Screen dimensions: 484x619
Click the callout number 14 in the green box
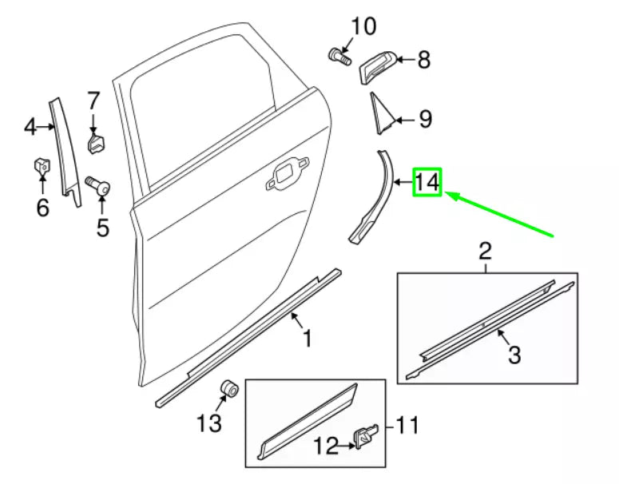click(427, 183)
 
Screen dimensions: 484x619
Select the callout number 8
click(423, 59)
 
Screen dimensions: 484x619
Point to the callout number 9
click(425, 120)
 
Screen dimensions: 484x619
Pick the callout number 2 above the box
click(485, 252)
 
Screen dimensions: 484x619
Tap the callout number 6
click(42, 208)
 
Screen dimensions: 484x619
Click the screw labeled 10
click(339, 57)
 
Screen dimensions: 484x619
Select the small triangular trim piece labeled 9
click(379, 113)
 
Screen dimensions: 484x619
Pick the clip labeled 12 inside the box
click(367, 436)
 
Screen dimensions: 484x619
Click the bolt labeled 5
click(100, 187)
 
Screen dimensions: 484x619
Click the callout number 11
click(407, 426)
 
